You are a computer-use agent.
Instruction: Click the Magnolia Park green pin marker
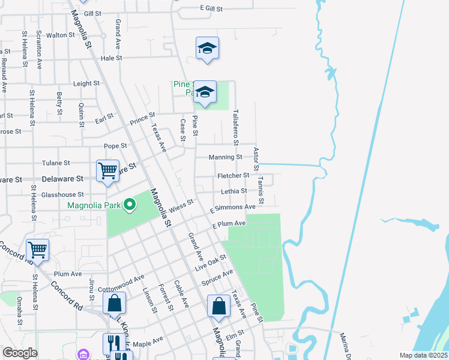click(x=129, y=206)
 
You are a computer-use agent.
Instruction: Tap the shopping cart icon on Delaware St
click(x=108, y=171)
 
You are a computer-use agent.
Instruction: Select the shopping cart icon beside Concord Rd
click(x=38, y=249)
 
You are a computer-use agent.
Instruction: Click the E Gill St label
click(x=211, y=9)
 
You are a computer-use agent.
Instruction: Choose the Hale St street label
click(x=112, y=58)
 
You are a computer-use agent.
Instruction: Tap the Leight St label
click(x=86, y=84)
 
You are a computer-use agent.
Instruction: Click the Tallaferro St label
click(x=237, y=125)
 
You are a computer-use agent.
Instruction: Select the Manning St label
click(x=225, y=157)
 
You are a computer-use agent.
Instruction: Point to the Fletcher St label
click(x=234, y=175)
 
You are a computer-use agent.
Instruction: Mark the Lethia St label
click(x=234, y=191)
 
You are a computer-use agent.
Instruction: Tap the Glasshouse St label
click(x=62, y=195)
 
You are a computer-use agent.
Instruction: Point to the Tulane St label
click(x=56, y=163)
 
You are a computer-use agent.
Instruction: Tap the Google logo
click(x=20, y=353)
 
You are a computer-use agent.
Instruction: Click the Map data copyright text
click(x=423, y=355)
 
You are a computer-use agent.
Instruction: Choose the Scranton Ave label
click(x=39, y=50)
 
